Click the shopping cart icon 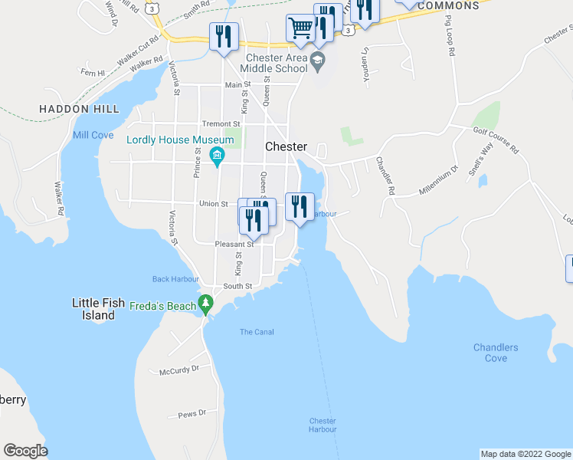click(x=300, y=28)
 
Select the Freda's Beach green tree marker click(x=205, y=305)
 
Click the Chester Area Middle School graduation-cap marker click(x=317, y=60)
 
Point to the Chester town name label click(x=286, y=146)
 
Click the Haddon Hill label click(x=80, y=109)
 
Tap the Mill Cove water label click(x=93, y=135)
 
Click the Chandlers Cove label click(x=496, y=353)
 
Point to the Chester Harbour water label click(x=323, y=425)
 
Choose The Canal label click(x=257, y=332)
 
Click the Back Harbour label click(x=175, y=279)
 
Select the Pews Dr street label click(x=192, y=413)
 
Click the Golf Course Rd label click(x=496, y=140)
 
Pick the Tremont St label click(x=221, y=123)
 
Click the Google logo click(x=25, y=451)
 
